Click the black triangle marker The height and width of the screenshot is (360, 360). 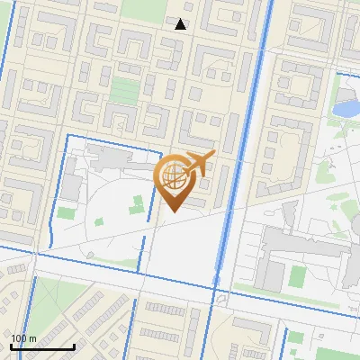click(181, 24)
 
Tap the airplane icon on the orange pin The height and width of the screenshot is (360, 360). click(198, 165)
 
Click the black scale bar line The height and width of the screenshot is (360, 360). click(42, 346)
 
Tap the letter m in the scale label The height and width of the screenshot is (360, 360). click(33, 337)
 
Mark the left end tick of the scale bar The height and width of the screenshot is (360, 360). click(11, 346)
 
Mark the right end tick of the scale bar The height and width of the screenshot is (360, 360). click(74, 346)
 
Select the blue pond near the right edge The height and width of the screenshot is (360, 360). click(346, 109)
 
